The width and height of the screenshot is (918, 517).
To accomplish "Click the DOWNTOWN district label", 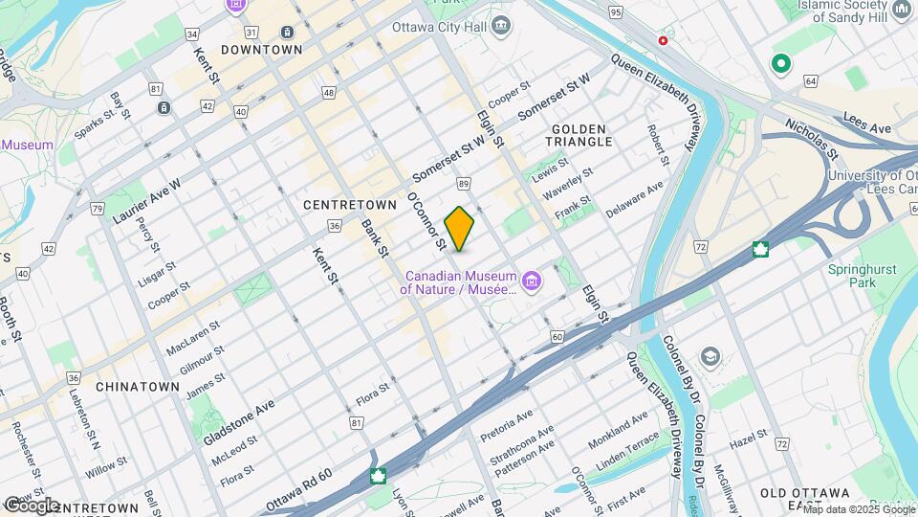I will tap(261, 49).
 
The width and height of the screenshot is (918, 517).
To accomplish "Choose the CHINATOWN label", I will tap(138, 387).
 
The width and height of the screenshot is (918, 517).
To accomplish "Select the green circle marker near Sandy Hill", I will tap(781, 64).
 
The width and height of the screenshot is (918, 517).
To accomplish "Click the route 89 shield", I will tap(464, 183).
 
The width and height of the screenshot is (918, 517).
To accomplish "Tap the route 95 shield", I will tap(615, 12).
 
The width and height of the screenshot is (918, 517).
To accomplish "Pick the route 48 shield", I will tap(329, 93).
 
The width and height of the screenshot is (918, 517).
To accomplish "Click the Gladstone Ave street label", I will tap(238, 421).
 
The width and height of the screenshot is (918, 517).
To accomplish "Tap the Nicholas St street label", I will tap(812, 139).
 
